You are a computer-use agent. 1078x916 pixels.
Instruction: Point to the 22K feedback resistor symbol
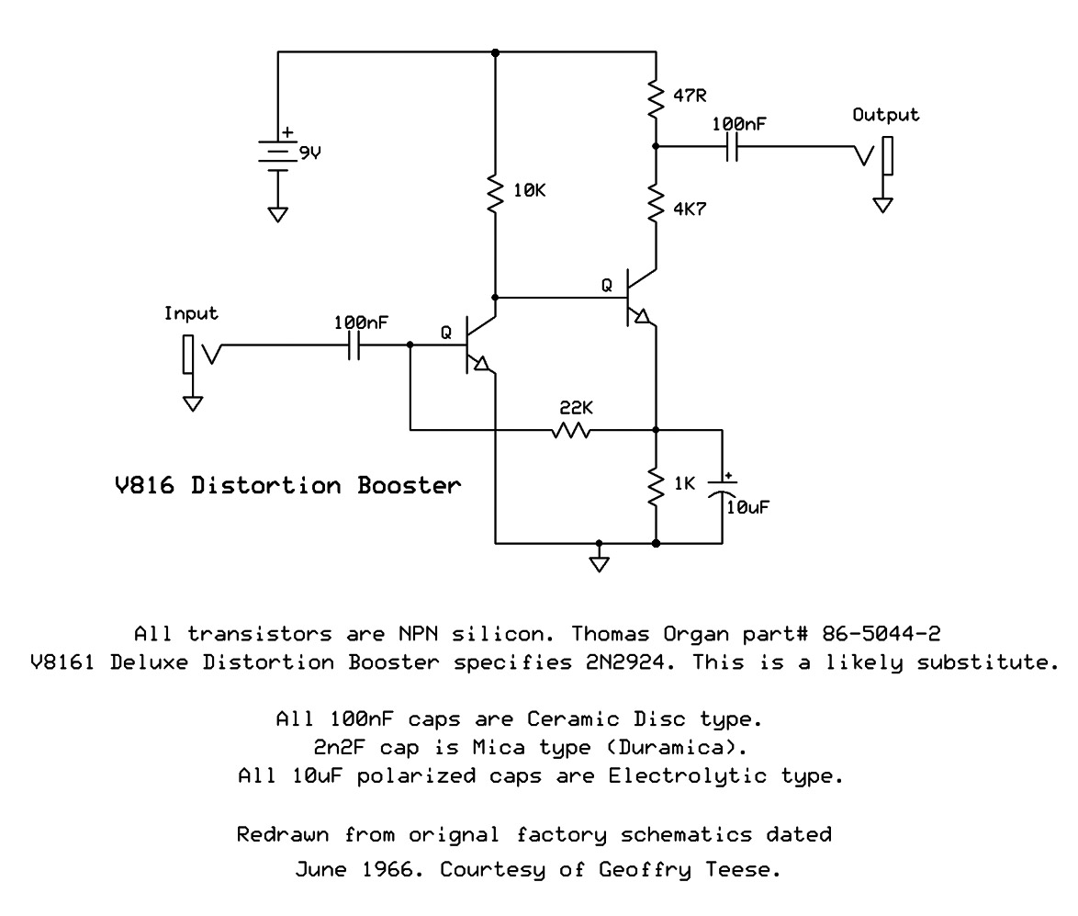click(x=571, y=429)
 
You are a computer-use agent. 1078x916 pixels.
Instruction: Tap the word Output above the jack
click(x=885, y=115)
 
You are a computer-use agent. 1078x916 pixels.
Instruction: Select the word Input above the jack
click(x=191, y=313)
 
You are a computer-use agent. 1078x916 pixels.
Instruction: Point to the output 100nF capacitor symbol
click(x=733, y=147)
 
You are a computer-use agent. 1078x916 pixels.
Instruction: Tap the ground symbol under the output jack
click(x=882, y=204)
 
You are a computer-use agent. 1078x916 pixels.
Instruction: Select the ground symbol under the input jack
click(x=192, y=402)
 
